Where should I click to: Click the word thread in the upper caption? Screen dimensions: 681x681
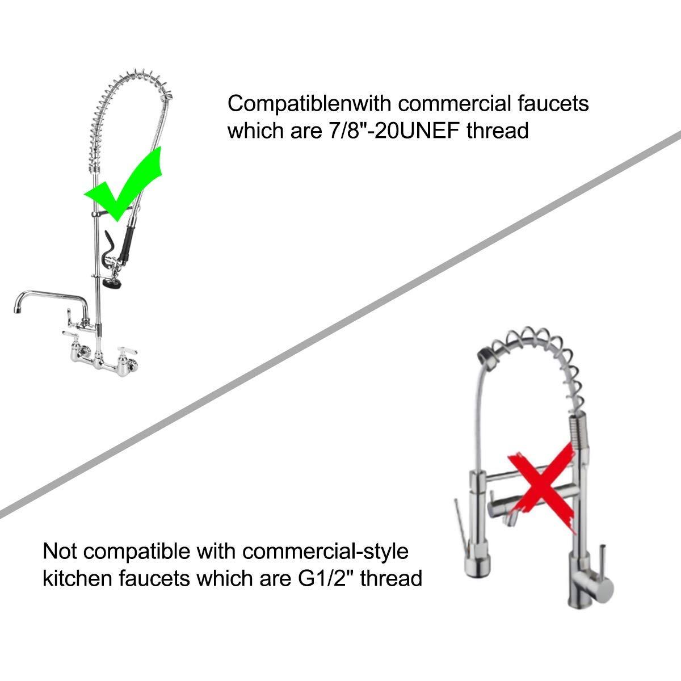click(498, 131)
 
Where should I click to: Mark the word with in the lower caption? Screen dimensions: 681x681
click(216, 551)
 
